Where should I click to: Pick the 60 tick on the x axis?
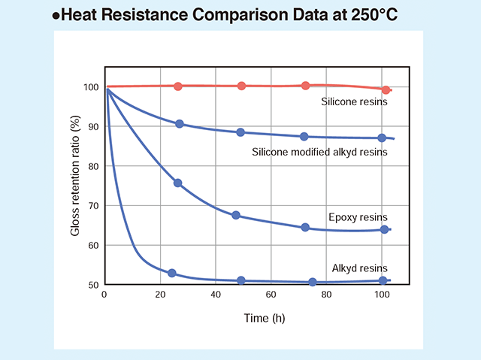pyautogui.click(x=271, y=295)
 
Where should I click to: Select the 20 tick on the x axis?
pyautogui.click(x=159, y=295)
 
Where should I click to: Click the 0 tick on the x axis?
pyautogui.click(x=104, y=295)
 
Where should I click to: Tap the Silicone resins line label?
pyautogui.click(x=353, y=102)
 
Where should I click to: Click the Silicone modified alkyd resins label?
pyautogui.click(x=320, y=153)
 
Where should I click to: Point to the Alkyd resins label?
pyautogui.click(x=360, y=268)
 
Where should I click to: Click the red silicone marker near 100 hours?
pyautogui.click(x=386, y=90)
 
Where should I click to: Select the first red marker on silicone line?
pyautogui.click(x=178, y=86)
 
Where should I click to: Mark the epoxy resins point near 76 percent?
pyautogui.click(x=178, y=183)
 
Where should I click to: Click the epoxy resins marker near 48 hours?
pyautogui.click(x=236, y=216)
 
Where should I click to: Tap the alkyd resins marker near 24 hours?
pyautogui.click(x=172, y=273)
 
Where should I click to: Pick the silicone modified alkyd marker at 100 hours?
pyautogui.click(x=382, y=138)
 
